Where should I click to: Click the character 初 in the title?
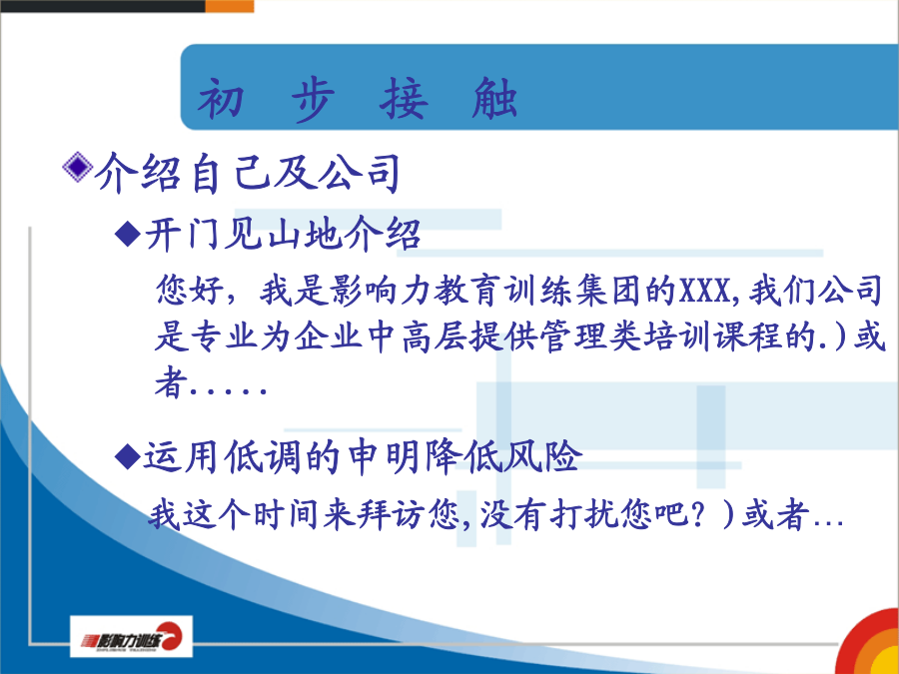click(221, 99)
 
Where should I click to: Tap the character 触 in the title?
click(494, 99)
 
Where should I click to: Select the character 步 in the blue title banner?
click(313, 99)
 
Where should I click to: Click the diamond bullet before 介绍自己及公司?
click(77, 168)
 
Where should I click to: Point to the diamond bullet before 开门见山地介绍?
click(127, 234)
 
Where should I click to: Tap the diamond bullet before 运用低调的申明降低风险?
click(127, 456)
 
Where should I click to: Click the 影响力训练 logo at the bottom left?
click(131, 637)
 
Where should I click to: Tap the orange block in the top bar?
click(230, 6)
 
